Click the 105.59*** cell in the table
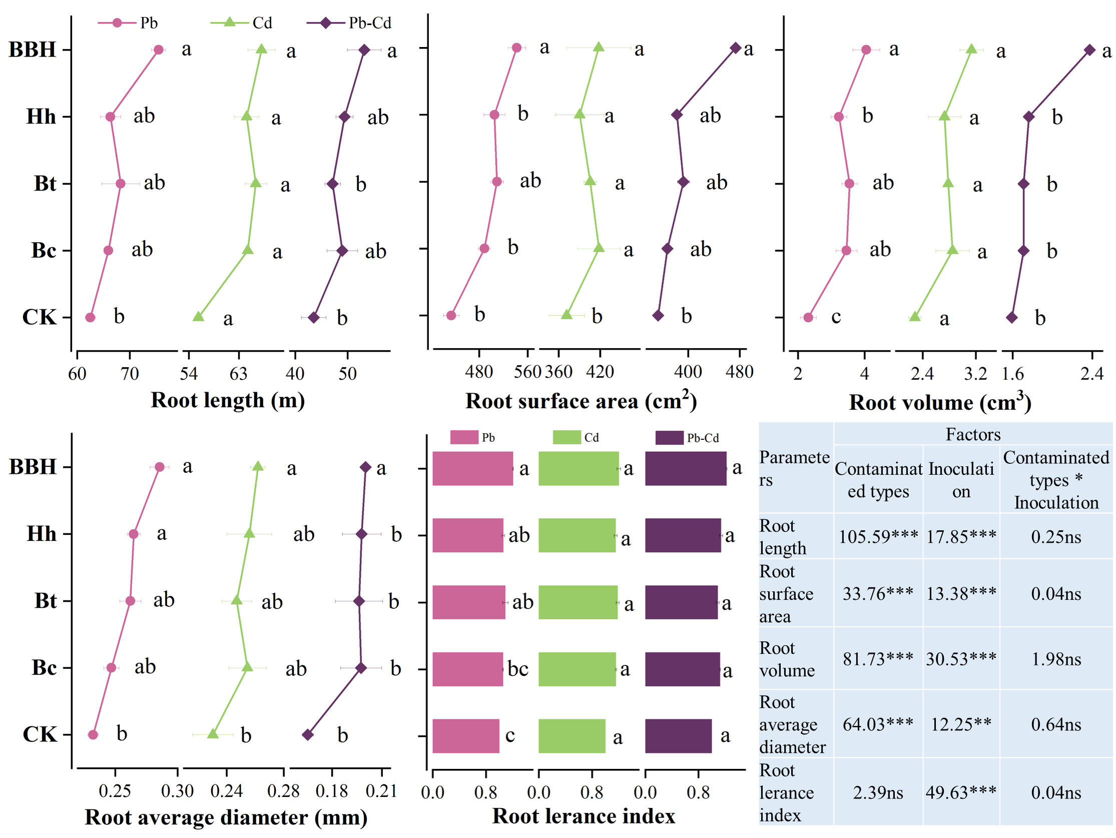click(878, 536)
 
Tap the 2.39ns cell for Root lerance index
click(878, 792)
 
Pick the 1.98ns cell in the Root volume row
click(1056, 659)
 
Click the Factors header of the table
click(973, 434)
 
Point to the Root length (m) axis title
click(228, 400)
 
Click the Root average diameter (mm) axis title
click(226, 817)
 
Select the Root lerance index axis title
click(583, 816)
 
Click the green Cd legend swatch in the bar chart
click(567, 437)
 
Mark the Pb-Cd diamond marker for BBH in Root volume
click(1090, 50)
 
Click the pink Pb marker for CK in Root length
click(90, 317)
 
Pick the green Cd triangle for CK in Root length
click(199, 317)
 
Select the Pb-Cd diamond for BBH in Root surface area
click(736, 49)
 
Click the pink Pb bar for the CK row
click(466, 735)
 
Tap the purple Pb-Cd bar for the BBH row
click(686, 468)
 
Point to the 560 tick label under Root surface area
click(527, 372)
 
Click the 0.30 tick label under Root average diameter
click(177, 790)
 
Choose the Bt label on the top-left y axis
click(45, 184)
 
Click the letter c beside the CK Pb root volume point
click(836, 317)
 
